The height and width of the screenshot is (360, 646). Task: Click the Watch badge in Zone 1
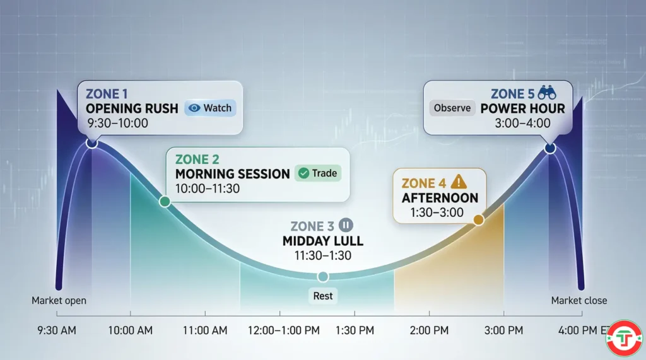(x=211, y=108)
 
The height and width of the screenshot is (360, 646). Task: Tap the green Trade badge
(x=317, y=173)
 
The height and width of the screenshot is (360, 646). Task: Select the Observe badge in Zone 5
(x=452, y=108)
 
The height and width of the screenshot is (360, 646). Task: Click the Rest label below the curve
(x=322, y=295)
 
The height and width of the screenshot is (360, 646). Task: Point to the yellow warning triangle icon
(x=459, y=182)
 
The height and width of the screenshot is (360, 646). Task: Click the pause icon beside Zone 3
(x=345, y=224)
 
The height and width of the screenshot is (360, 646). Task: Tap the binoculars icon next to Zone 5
(x=543, y=93)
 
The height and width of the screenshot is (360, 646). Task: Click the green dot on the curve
(x=165, y=202)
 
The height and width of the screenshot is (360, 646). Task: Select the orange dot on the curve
(x=478, y=219)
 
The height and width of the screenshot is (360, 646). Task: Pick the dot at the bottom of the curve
(x=322, y=276)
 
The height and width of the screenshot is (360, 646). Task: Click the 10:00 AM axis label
(x=130, y=330)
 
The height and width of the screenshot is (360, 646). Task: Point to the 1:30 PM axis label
(x=355, y=330)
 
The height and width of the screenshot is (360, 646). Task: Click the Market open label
(x=59, y=301)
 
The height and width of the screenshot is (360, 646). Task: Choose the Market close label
(x=578, y=301)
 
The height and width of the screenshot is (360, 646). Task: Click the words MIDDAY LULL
(x=323, y=241)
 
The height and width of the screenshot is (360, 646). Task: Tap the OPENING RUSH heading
(x=132, y=108)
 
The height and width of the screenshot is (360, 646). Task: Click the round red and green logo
(x=623, y=338)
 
